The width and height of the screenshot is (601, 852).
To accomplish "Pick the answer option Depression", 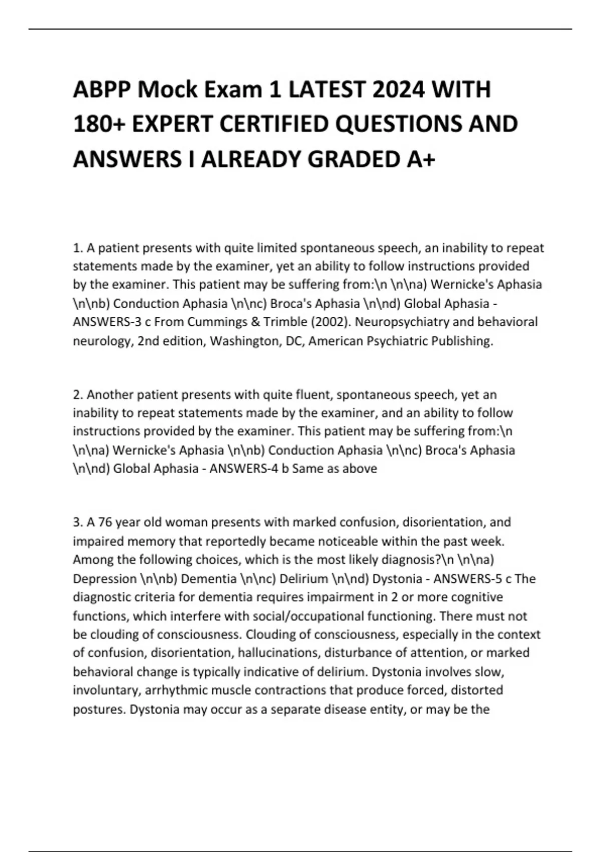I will [105, 579].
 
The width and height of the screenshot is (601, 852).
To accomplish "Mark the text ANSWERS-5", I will [465, 579].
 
